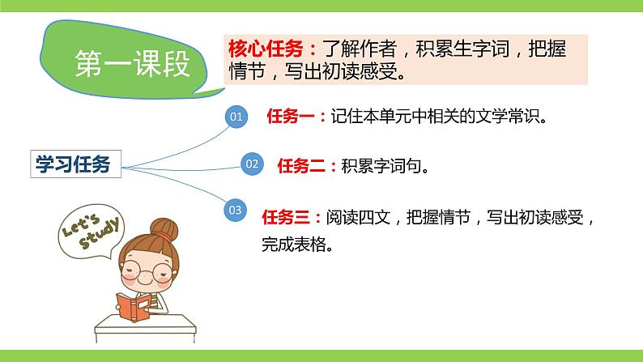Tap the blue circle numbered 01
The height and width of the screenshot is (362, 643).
coord(236,117)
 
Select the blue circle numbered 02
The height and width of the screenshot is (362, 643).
coord(252,164)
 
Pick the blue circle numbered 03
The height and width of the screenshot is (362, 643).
coord(236,211)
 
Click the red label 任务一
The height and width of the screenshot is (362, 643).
coord(296,116)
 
